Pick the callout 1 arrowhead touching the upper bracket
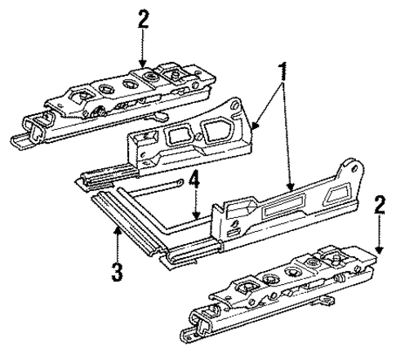click(254, 128)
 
